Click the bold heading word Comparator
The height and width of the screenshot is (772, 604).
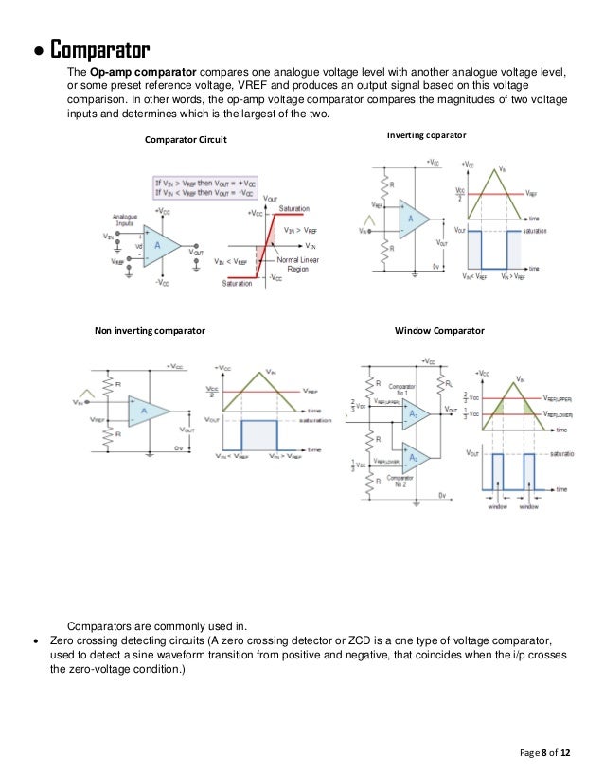pos(99,47)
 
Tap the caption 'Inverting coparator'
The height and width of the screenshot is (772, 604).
pos(427,136)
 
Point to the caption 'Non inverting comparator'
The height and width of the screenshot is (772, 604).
pos(150,331)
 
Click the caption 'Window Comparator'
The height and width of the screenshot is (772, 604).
pos(438,331)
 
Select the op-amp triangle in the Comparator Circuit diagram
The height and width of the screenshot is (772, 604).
pos(166,246)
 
